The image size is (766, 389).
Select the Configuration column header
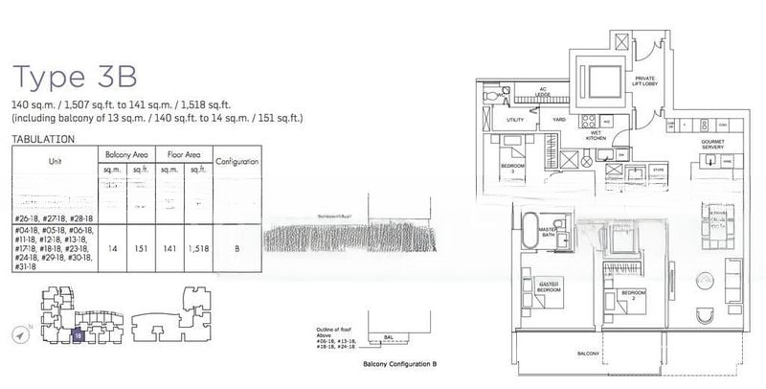click(x=237, y=162)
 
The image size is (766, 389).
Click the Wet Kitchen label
click(x=597, y=135)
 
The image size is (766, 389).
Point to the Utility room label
click(x=516, y=120)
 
